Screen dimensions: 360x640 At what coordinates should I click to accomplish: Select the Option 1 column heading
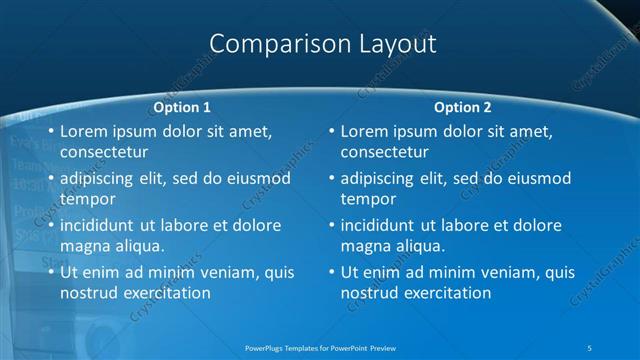(182, 107)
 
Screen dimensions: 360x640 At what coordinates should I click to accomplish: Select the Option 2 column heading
(462, 107)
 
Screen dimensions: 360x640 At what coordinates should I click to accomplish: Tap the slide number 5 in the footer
(590, 347)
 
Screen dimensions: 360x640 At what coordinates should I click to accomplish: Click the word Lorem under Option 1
(84, 131)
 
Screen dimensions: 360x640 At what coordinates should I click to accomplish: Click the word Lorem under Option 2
(364, 131)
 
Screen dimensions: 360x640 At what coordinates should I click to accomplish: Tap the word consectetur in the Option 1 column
(104, 152)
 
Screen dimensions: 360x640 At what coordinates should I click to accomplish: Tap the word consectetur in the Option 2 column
(384, 152)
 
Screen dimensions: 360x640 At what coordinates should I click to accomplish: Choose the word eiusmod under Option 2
(535, 179)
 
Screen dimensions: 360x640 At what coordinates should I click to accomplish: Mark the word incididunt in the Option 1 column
(102, 225)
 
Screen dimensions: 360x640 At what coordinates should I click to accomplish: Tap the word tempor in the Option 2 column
(368, 199)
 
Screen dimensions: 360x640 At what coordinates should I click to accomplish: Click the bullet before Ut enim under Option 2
(332, 272)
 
